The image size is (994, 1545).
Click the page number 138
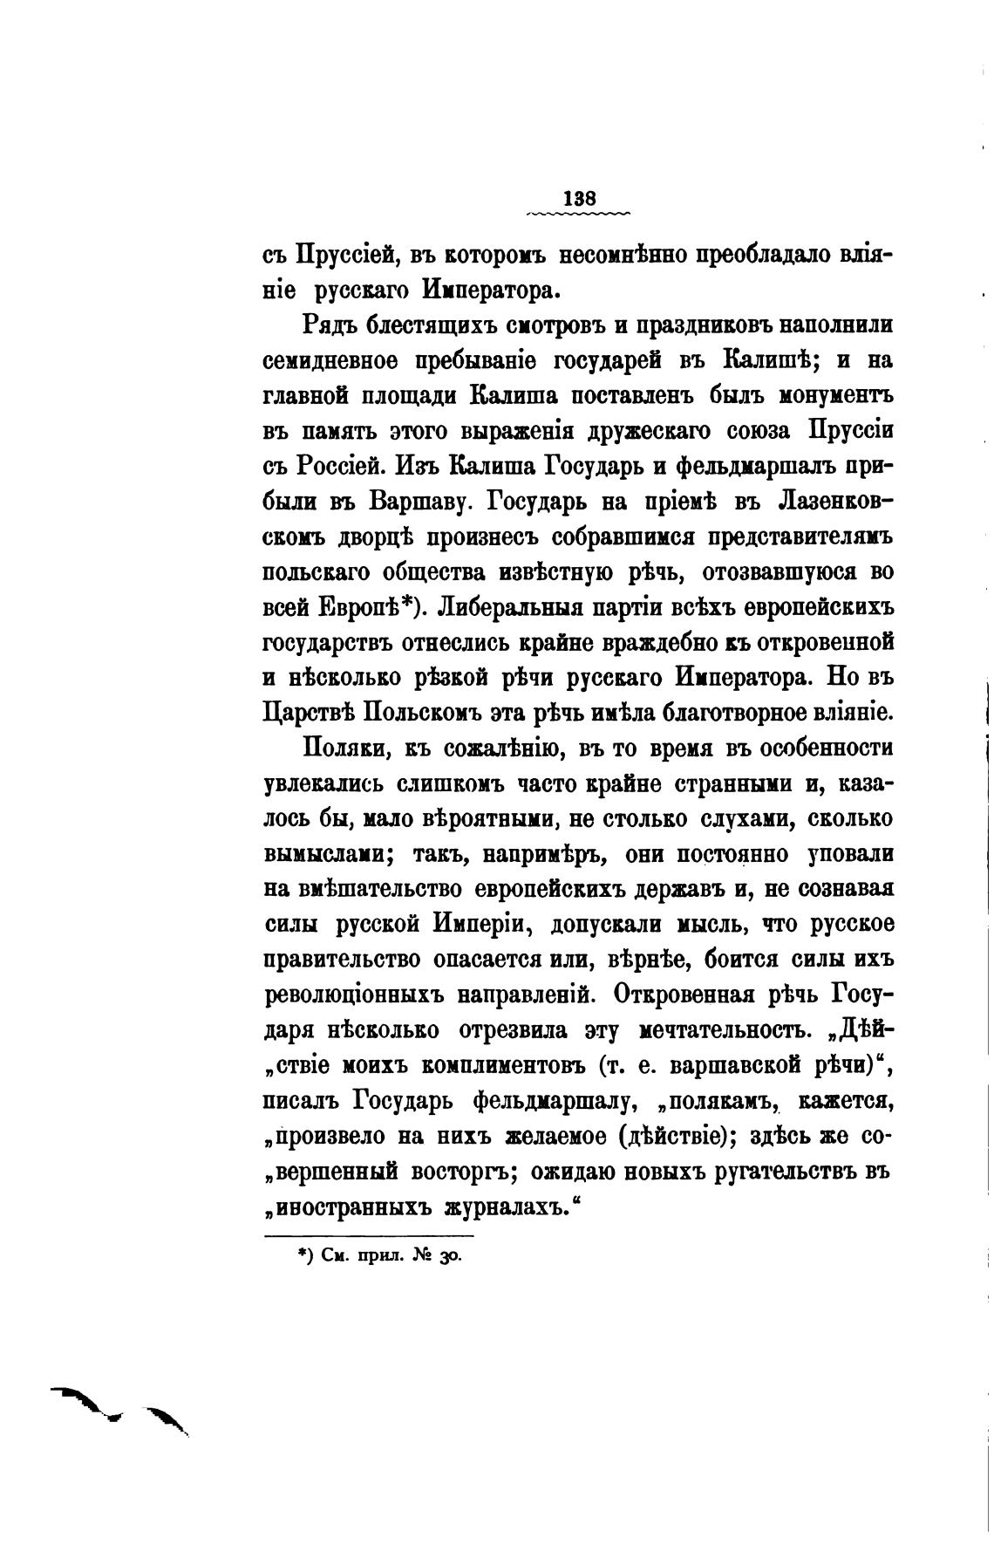point(579,197)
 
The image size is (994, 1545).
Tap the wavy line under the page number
point(579,213)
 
